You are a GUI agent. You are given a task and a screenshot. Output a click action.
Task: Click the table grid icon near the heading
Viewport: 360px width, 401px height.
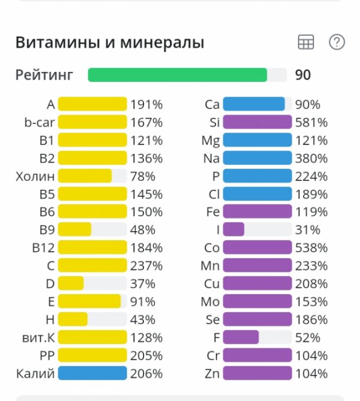tap(306, 42)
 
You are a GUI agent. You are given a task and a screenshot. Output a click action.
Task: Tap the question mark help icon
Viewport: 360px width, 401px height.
tap(336, 42)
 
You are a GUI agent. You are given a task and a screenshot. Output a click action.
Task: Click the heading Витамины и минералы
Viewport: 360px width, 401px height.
tap(110, 43)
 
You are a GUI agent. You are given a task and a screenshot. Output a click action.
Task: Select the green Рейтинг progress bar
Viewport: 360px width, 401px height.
tap(177, 75)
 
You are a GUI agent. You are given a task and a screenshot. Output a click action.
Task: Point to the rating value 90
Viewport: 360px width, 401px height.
tap(303, 75)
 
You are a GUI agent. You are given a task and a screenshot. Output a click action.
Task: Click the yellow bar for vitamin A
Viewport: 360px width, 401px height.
tap(93, 105)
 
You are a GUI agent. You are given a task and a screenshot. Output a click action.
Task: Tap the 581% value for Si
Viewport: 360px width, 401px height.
tap(311, 123)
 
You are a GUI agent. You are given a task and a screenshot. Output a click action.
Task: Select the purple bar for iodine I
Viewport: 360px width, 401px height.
tap(234, 230)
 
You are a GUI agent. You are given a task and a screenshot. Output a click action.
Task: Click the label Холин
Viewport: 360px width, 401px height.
tap(36, 176)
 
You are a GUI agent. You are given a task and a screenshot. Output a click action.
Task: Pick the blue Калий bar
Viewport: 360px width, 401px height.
tap(93, 373)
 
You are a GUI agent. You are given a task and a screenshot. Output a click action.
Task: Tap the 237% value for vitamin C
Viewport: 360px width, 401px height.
tap(147, 266)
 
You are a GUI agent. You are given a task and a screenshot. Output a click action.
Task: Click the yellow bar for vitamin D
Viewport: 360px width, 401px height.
tap(71, 284)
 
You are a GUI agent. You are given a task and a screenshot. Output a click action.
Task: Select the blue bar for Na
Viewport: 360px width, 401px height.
tap(257, 159)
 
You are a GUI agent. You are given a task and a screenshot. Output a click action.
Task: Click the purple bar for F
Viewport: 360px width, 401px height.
tap(241, 337)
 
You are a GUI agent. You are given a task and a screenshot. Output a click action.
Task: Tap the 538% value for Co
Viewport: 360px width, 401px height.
tap(311, 248)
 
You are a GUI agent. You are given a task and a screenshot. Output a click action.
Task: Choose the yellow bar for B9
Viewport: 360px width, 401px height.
tap(75, 230)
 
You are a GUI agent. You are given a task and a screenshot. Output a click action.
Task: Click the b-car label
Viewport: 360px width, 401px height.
tap(40, 123)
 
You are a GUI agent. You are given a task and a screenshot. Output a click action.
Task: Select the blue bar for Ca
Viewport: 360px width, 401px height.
tap(254, 105)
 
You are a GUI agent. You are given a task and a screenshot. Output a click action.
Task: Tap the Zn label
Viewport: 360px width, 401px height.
tap(211, 373)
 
